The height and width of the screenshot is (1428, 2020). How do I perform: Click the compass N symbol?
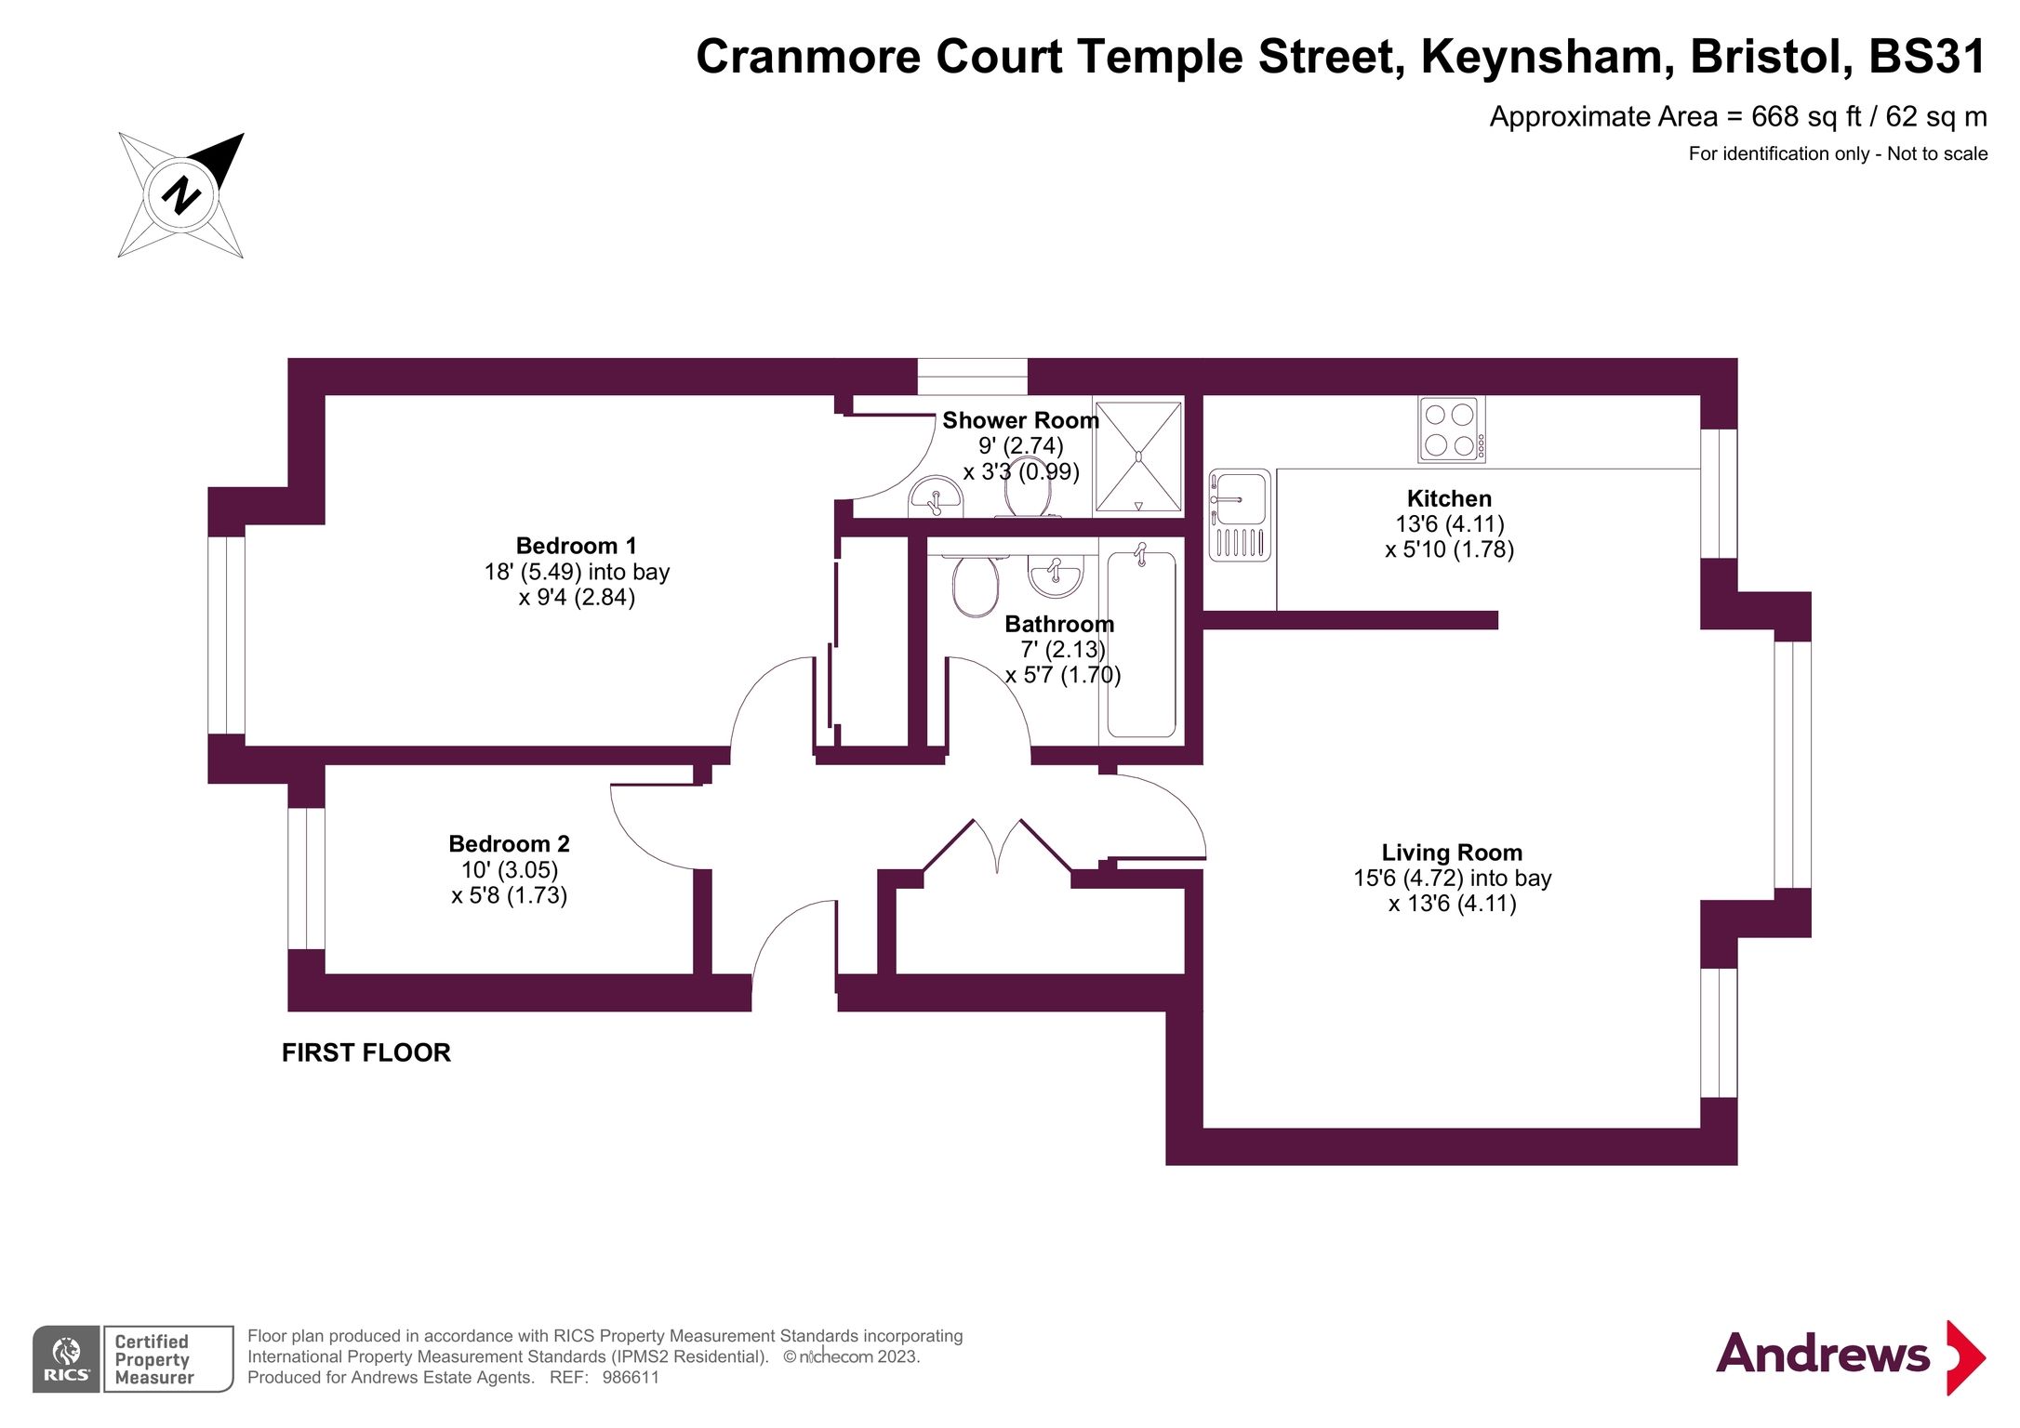(181, 195)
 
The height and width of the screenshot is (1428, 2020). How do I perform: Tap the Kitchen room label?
(1448, 498)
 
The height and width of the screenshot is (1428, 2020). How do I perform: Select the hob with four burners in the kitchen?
(1450, 430)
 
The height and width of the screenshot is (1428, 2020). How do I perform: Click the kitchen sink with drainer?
(1239, 515)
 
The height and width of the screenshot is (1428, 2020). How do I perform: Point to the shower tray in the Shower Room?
(1138, 456)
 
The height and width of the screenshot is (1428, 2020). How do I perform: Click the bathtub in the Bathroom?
(1141, 643)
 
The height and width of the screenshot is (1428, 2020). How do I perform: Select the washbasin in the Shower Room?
(935, 496)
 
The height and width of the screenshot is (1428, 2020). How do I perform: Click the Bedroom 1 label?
(576, 546)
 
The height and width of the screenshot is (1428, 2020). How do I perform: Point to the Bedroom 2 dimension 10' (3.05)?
(510, 870)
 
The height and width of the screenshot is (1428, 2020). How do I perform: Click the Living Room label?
(1451, 853)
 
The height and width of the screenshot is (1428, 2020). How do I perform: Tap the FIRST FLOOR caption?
(366, 1052)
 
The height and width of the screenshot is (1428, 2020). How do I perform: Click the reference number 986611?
(631, 1378)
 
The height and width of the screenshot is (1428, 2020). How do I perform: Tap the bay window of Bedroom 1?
(226, 635)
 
